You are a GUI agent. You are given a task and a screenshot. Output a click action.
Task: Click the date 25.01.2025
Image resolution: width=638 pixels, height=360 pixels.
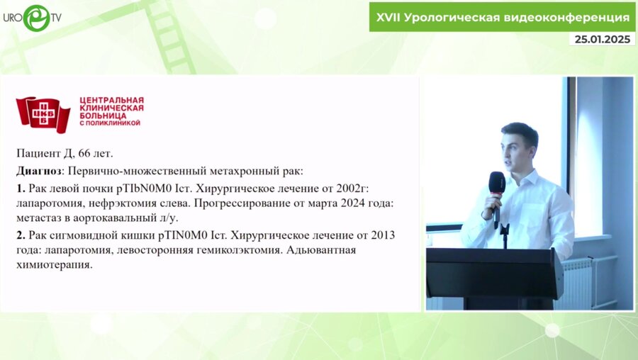coord(601,40)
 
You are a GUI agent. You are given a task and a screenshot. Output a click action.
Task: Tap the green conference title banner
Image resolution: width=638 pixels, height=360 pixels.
coord(503,17)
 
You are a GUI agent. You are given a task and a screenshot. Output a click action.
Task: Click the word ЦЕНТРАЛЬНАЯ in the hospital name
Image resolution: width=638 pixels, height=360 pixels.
coord(111,100)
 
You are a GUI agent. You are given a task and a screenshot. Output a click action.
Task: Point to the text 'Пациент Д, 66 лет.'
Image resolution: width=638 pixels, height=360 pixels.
coord(64,152)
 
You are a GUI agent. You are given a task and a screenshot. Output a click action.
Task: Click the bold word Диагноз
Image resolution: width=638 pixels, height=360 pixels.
coord(40,171)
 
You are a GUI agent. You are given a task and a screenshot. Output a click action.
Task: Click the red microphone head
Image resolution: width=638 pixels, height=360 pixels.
coord(497,182)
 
